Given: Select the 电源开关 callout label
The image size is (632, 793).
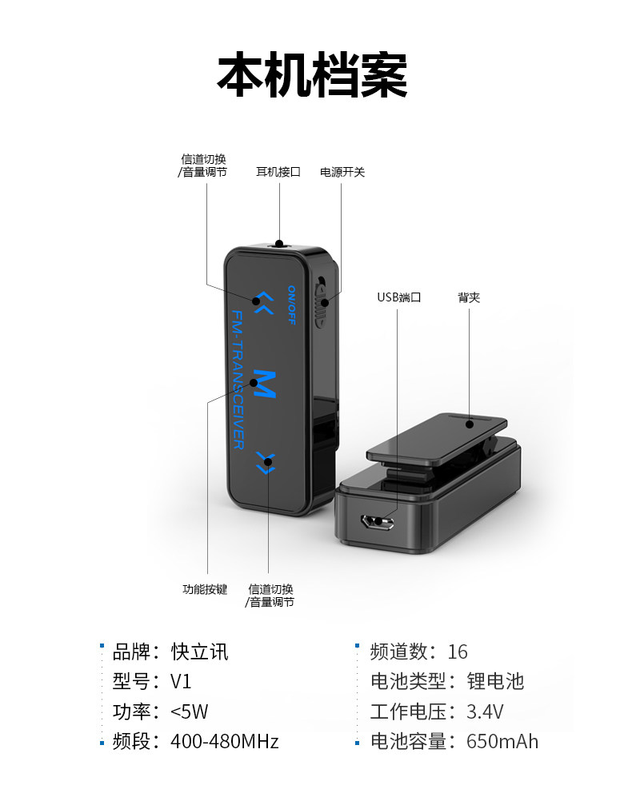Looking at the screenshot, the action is [x=342, y=172].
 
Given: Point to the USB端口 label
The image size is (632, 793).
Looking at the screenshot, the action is [x=398, y=297].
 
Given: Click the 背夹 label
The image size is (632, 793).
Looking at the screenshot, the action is [x=469, y=297].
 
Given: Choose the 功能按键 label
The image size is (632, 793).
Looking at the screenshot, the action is [x=205, y=589].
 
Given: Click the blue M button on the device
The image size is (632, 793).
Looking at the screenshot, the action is [x=264, y=386].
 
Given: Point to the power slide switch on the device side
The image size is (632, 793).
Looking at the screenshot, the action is [x=322, y=304].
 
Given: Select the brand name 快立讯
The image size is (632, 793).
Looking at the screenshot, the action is [x=200, y=652].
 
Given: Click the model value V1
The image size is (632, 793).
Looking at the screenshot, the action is [x=182, y=682].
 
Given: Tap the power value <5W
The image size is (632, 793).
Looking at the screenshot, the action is [x=190, y=711].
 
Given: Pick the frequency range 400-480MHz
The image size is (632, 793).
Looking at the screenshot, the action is [x=225, y=742].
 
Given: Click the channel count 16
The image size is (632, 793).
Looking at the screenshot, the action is [x=458, y=652].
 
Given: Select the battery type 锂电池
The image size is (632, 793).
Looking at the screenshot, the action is [x=495, y=682].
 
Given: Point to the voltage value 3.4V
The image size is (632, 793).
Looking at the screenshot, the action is [x=486, y=711].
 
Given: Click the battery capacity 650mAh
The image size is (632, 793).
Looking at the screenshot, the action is [x=502, y=742].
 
